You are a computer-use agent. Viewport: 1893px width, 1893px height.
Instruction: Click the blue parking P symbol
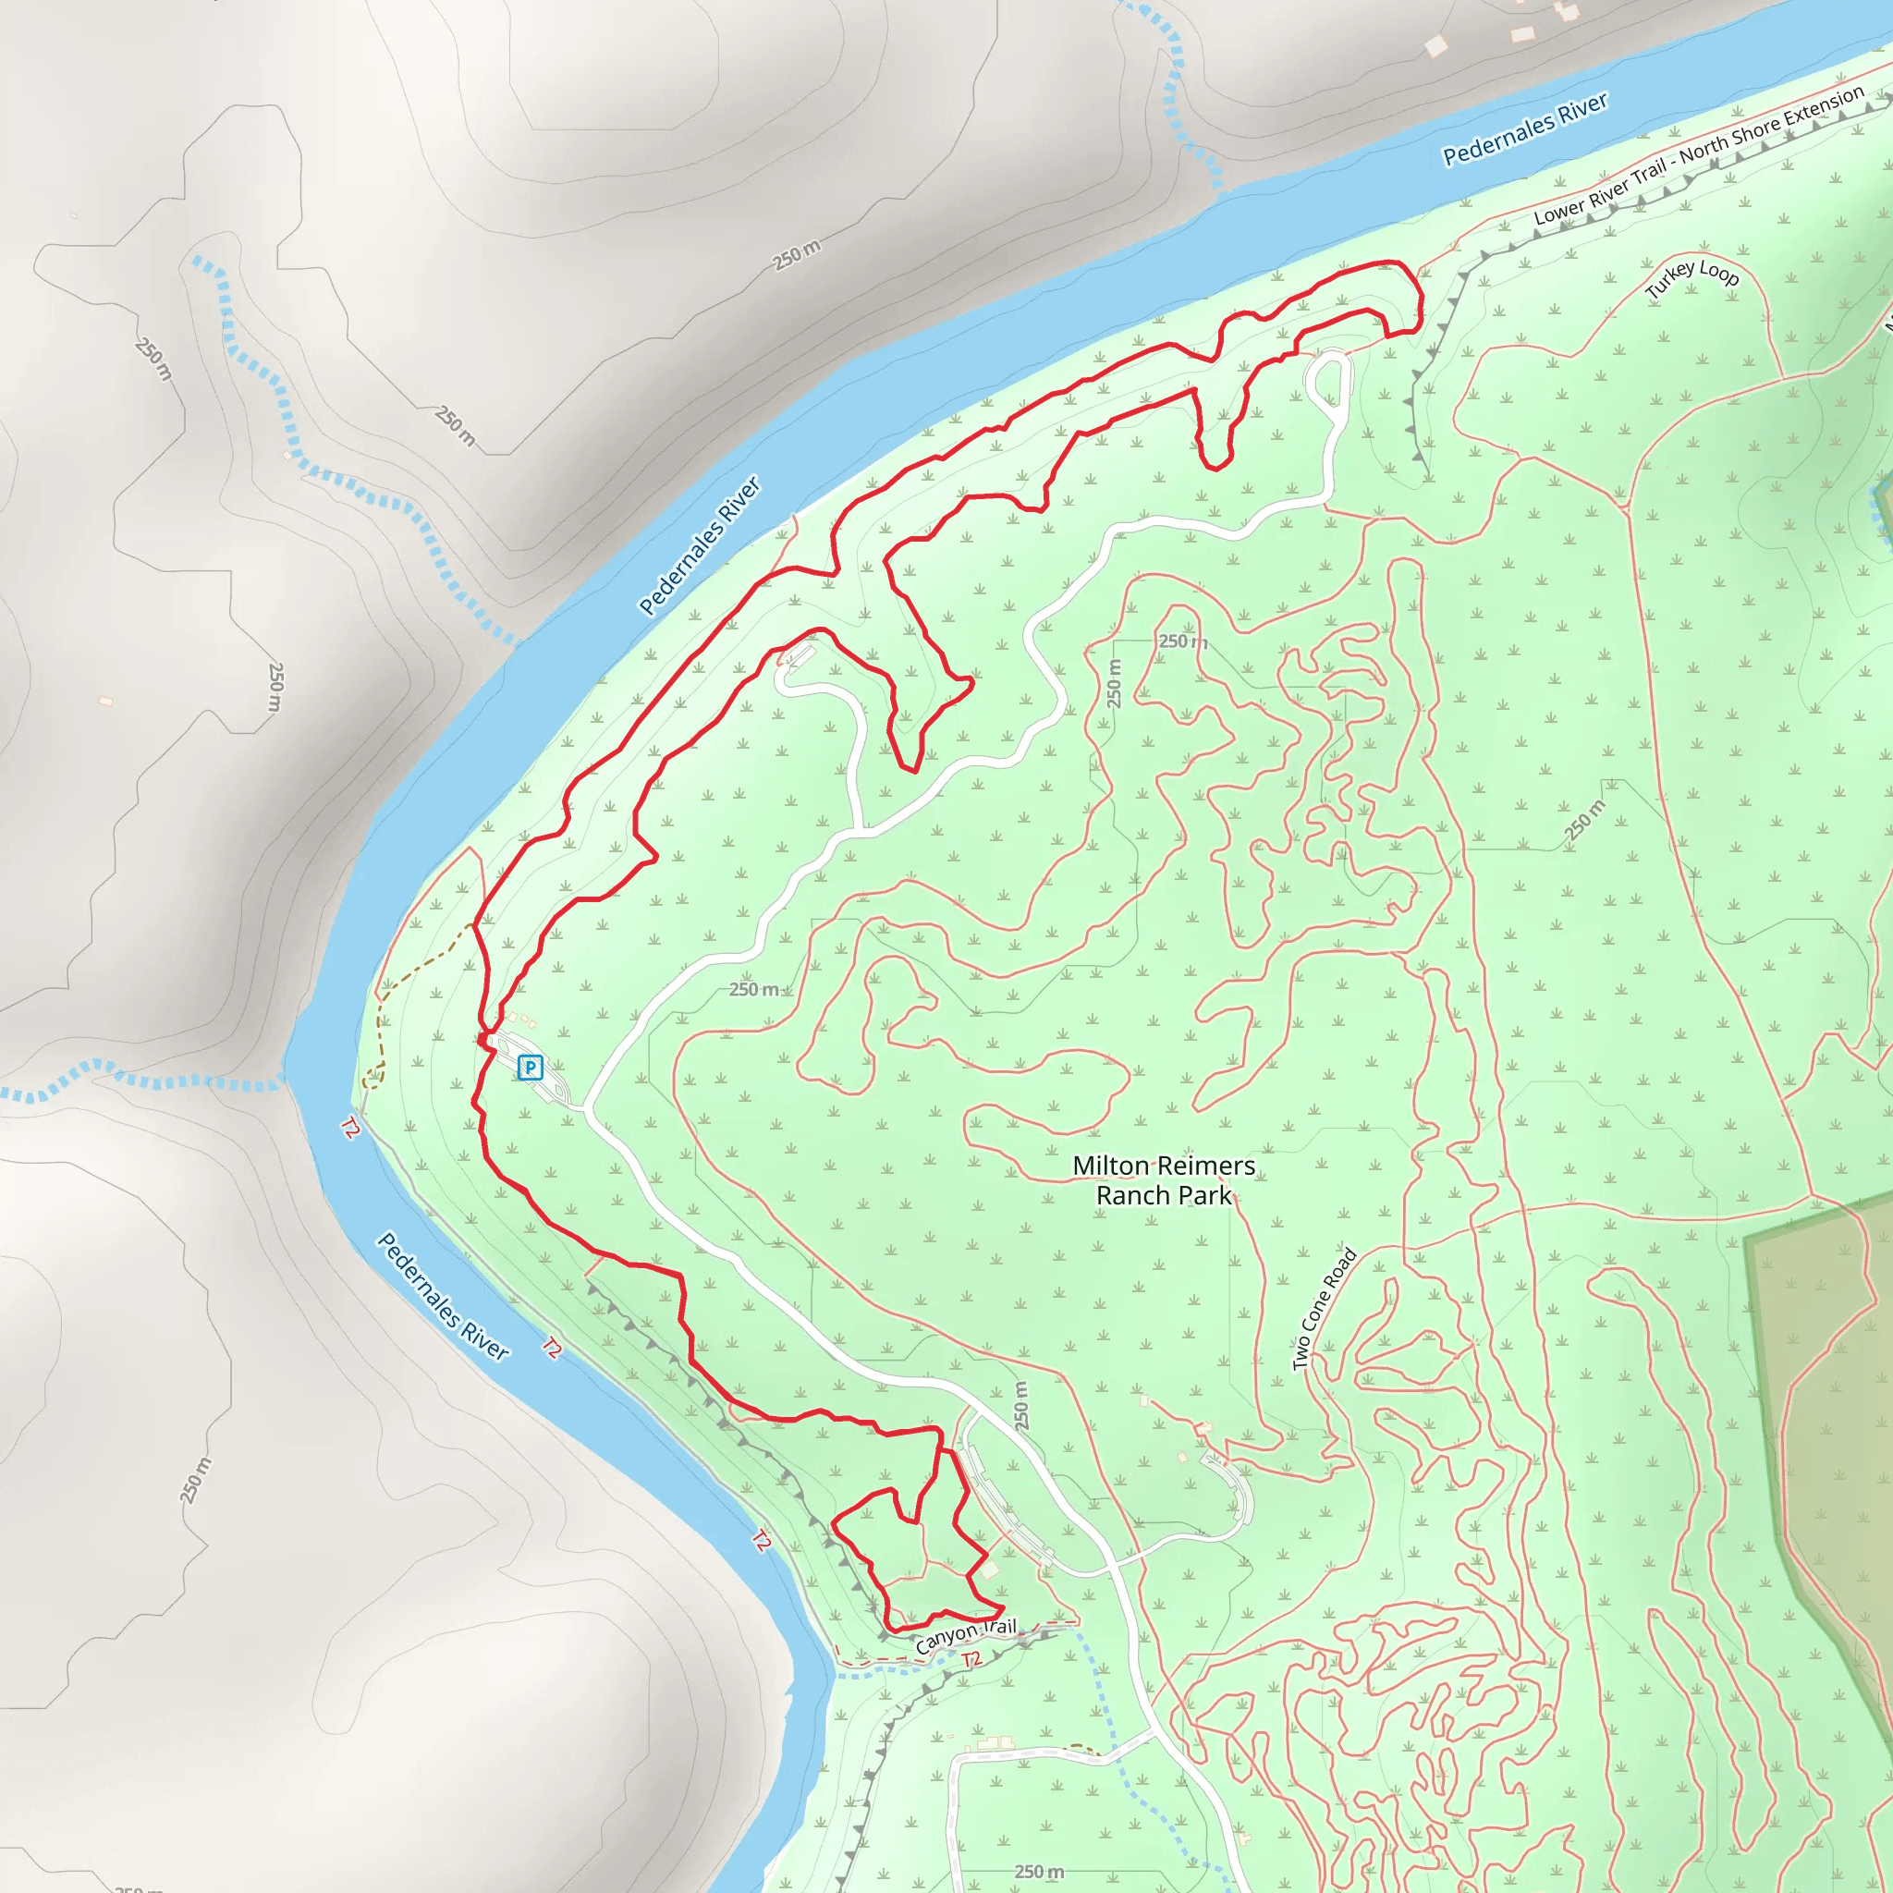tap(530, 1067)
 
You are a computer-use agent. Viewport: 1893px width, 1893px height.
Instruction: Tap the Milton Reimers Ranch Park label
tap(1163, 1179)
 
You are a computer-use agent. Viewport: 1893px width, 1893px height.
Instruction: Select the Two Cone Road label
tap(1324, 1308)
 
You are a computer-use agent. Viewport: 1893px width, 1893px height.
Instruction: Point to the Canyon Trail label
tap(965, 1636)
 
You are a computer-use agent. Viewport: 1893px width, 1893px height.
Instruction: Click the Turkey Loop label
tap(1692, 277)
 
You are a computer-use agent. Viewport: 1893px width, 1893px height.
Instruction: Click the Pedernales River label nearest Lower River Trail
tap(1524, 129)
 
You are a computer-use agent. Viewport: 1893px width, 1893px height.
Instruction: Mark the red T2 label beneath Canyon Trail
tap(971, 1659)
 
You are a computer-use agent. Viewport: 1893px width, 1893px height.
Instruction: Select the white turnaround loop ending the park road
tap(1328, 378)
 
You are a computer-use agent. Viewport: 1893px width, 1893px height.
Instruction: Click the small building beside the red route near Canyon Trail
tap(990, 1569)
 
